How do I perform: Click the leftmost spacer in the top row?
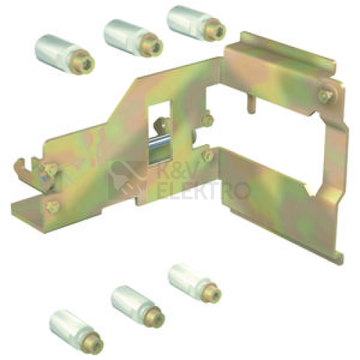pyautogui.click(x=65, y=55)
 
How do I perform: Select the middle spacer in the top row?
pyautogui.click(x=133, y=38)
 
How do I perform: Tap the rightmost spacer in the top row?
pyautogui.click(x=197, y=24)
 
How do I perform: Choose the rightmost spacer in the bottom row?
pyautogui.click(x=194, y=282)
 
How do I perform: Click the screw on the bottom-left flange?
pyautogui.click(x=53, y=207)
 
